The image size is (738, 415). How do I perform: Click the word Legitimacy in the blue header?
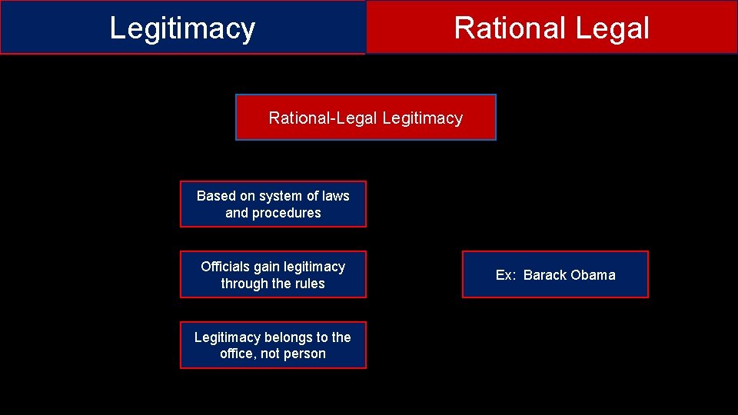pos(182,28)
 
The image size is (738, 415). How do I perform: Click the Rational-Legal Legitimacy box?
pos(365,118)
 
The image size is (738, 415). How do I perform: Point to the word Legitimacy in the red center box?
pos(422,118)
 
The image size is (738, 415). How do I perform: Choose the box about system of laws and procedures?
pos(273,204)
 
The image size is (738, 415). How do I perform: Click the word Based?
pos(216,196)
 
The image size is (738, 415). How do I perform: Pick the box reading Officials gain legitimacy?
pos(273,274)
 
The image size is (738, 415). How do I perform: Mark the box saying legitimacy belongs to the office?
pos(273,345)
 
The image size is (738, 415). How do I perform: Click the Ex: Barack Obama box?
pos(555,274)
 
